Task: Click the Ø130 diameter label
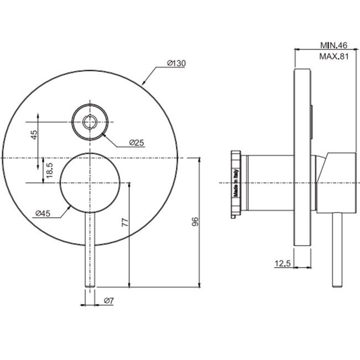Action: (x=176, y=63)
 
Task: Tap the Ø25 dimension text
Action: (x=137, y=143)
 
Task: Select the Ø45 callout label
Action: (x=43, y=213)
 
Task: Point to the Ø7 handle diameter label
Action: (x=108, y=300)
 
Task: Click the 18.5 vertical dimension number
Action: (x=49, y=170)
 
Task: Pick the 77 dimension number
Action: (x=126, y=222)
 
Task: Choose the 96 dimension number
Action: (x=195, y=222)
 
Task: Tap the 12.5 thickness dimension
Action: (x=283, y=263)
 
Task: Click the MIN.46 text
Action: (x=333, y=45)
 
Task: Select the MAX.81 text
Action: (x=334, y=56)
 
